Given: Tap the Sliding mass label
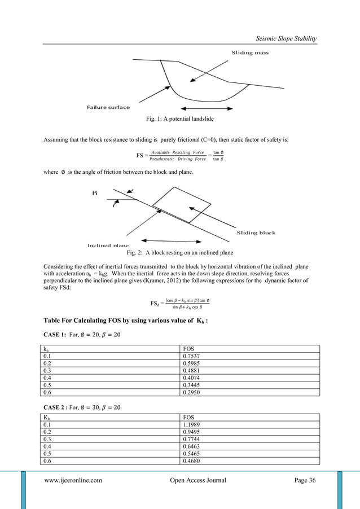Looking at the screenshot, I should [250, 52].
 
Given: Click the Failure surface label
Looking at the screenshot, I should [108, 107].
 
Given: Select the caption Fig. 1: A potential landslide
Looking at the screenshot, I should [180, 119].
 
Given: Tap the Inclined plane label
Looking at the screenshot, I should [108, 245].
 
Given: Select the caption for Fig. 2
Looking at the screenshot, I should [179, 252].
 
